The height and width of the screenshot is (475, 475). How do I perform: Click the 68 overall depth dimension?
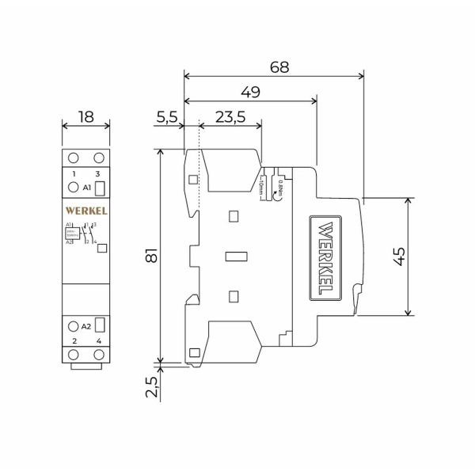pyautogui.click(x=279, y=67)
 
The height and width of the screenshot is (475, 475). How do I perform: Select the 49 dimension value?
pyautogui.click(x=250, y=93)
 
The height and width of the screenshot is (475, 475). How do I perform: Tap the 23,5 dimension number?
pyautogui.click(x=230, y=117)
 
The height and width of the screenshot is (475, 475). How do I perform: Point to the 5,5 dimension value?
pyautogui.click(x=167, y=117)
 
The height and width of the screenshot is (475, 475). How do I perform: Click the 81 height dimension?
pyautogui.click(x=152, y=256)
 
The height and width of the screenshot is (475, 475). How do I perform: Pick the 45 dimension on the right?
pyautogui.click(x=399, y=256)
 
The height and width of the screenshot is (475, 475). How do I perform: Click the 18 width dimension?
pyautogui.click(x=85, y=117)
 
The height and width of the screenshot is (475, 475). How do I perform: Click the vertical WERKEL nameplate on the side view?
pyautogui.click(x=325, y=256)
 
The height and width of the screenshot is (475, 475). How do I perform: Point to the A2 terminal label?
pyautogui.click(x=87, y=326)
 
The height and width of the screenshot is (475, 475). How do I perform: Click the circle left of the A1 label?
pyautogui.click(x=73, y=188)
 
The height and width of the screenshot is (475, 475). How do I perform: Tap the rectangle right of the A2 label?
pyautogui.click(x=101, y=325)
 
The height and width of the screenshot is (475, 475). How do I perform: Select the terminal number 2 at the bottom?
pyautogui.click(x=74, y=341)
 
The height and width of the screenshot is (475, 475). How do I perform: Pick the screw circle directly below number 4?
pyautogui.click(x=99, y=354)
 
